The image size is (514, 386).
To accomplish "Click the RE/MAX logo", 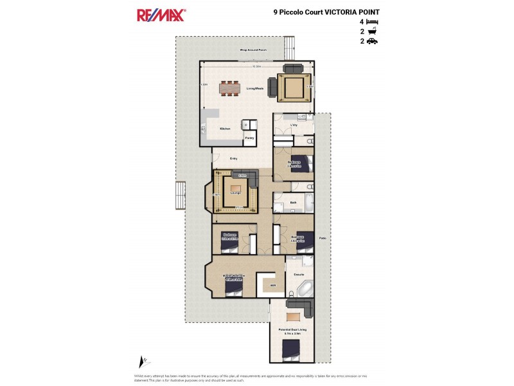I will [x=161, y=15].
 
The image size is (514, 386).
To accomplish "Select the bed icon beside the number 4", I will [x=372, y=22].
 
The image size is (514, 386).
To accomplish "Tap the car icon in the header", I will [x=372, y=41].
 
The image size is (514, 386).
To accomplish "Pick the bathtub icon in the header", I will [x=371, y=32].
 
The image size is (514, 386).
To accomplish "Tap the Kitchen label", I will [x=225, y=129].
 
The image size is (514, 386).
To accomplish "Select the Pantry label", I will [x=250, y=137].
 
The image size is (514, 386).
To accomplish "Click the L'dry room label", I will [x=293, y=124].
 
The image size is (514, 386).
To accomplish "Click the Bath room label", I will [x=293, y=203].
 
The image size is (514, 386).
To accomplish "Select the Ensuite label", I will [x=299, y=275].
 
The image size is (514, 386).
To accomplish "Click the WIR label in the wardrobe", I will [x=273, y=284].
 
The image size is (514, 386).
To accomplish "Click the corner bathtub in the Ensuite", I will [x=302, y=288].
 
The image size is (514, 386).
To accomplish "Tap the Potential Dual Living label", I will [x=292, y=330].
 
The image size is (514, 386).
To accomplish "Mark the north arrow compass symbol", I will [x=143, y=362].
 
